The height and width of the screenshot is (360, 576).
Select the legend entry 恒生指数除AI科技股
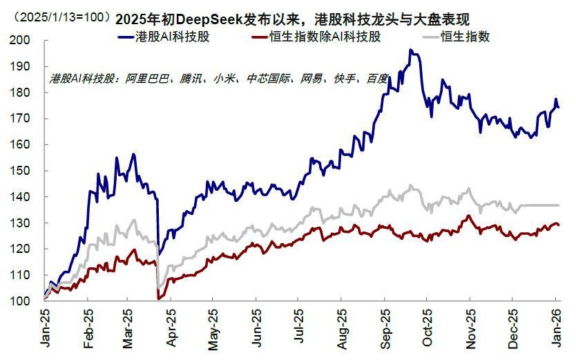coord(332,37)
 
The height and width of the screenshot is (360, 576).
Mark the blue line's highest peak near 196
coord(410,50)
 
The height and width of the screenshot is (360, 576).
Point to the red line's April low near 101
coord(160,299)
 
